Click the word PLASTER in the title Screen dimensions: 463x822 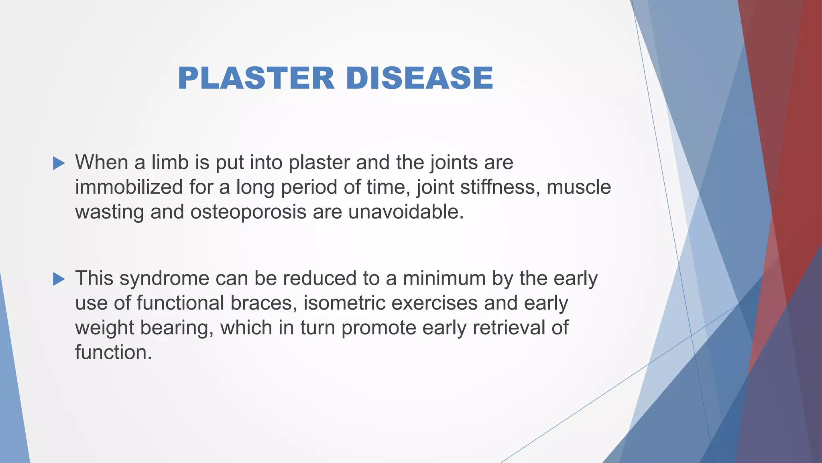coord(256,78)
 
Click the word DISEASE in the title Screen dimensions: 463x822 coord(419,78)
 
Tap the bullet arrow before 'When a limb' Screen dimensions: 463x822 coord(59,163)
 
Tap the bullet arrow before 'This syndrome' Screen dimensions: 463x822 coord(59,279)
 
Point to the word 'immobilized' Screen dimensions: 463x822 coord(128,187)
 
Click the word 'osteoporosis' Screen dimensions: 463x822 coord(248,212)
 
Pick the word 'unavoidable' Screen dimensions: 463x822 coord(405,212)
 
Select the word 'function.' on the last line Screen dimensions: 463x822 coord(114,352)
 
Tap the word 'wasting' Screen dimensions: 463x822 coord(109,212)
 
